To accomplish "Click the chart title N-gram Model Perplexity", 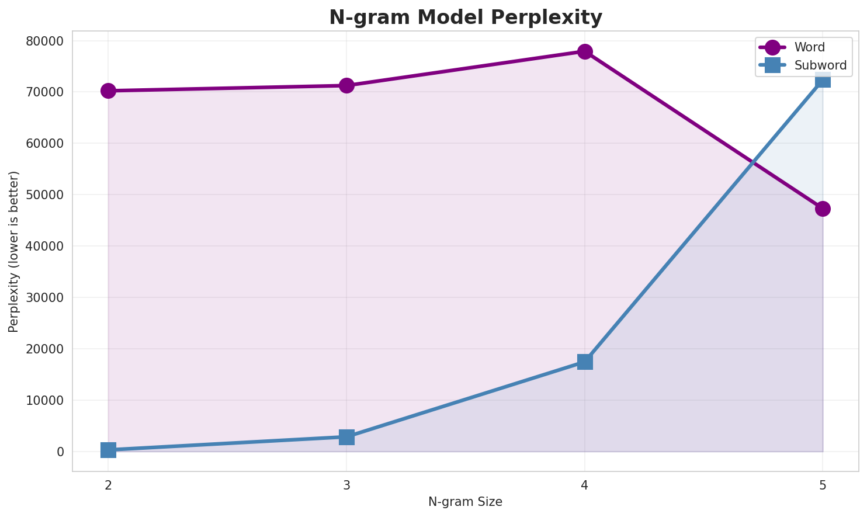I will pos(465,18).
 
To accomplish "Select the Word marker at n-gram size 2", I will pos(108,91).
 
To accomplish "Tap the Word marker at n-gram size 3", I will pos(346,85).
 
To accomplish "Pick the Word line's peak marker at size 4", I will pos(585,51).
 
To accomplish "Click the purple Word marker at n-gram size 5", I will pos(823,209).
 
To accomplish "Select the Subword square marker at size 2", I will pos(108,450).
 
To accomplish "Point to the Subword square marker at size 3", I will pos(346,437).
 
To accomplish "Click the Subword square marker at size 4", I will pos(585,362).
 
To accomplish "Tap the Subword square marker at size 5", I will pos(823,79).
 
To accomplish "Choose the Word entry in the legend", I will pos(809,47).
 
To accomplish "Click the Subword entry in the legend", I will pos(820,65).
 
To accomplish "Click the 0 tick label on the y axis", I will pos(60,452).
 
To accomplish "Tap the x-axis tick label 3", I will pos(346,485).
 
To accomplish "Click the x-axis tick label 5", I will pos(823,485).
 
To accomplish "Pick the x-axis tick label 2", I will pos(108,485).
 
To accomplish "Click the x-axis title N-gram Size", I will pos(465,502).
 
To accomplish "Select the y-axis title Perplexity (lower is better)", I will pos(14,252).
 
